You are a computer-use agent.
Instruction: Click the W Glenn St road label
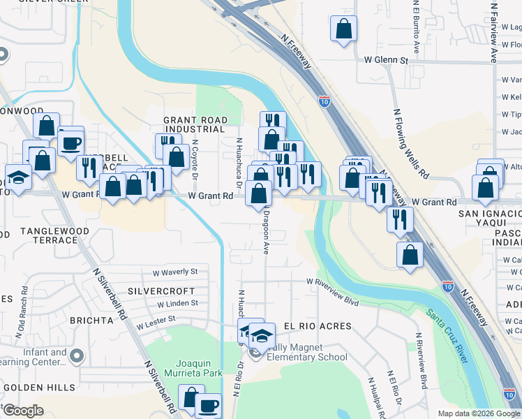(x=386, y=61)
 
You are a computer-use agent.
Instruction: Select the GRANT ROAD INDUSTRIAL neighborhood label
(x=195, y=124)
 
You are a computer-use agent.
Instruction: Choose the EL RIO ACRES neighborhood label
(x=317, y=326)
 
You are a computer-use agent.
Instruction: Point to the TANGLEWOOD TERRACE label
(x=48, y=235)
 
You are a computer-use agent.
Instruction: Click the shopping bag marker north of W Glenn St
(x=343, y=29)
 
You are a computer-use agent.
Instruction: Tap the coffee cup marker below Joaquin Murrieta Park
(x=207, y=405)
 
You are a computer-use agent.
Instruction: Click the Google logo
(x=22, y=411)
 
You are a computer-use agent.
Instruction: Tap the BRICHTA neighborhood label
(x=91, y=321)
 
